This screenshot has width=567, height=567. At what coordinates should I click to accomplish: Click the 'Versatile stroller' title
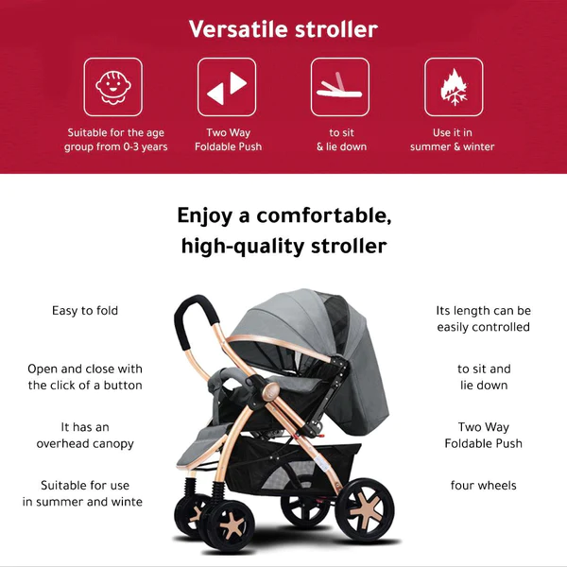pos(283,29)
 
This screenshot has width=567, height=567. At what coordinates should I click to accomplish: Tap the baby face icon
pos(113,87)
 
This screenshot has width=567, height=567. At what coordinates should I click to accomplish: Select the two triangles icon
pos(227,88)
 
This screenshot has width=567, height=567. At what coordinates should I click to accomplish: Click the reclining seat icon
pos(339,87)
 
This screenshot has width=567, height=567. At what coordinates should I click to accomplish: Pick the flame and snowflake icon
pos(454,88)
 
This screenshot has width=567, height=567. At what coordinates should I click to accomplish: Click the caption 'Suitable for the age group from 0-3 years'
pos(115,140)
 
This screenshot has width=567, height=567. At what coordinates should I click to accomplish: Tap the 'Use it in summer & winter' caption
pos(452,140)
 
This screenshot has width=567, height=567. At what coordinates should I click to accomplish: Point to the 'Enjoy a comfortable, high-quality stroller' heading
pos(284,231)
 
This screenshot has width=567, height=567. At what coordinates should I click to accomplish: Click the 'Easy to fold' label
pos(85,311)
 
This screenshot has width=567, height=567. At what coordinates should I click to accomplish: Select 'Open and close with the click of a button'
pos(85,377)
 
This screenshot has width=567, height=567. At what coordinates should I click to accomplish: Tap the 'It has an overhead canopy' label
pos(85,435)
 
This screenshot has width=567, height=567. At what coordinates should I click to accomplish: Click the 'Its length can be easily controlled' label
pos(484,318)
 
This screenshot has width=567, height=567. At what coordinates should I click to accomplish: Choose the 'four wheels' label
pos(484,486)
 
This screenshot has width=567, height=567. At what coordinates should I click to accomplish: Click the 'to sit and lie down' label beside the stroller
pos(484,377)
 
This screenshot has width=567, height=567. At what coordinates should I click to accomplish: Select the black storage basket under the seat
pos(289,467)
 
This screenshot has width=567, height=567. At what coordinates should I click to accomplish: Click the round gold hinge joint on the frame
pos(271,391)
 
